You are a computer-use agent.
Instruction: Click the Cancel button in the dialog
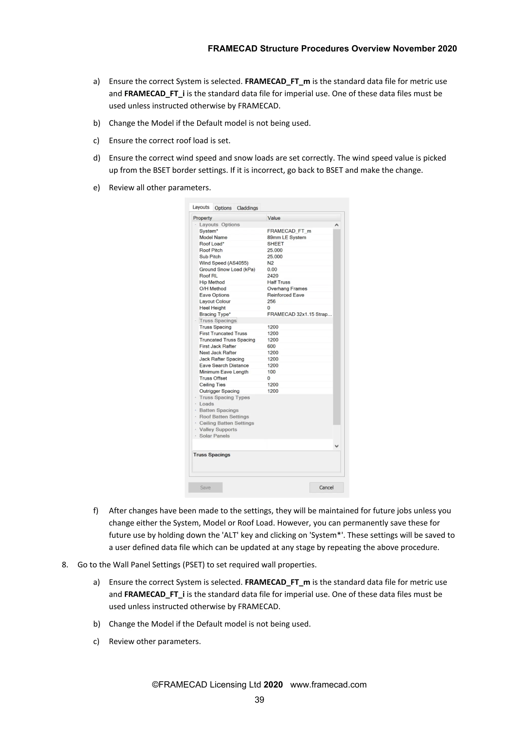[x=326, y=487]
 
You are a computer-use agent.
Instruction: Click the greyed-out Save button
[x=205, y=487]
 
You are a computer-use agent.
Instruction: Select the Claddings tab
[x=247, y=208]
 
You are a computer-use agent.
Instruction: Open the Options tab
[x=223, y=208]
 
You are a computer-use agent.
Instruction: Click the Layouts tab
[x=201, y=207]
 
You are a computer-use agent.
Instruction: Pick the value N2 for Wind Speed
[x=270, y=263]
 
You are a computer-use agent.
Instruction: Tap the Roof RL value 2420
[x=273, y=276]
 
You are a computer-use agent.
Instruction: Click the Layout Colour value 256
[x=271, y=301]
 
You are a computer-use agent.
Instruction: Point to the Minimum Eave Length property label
[x=224, y=372]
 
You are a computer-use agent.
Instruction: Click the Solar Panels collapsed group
[x=214, y=436]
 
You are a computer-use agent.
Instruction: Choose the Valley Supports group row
[x=218, y=429]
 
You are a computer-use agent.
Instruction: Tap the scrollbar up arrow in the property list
[x=337, y=225]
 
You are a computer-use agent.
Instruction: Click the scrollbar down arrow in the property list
[x=337, y=446]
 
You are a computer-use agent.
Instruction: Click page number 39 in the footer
[x=259, y=700]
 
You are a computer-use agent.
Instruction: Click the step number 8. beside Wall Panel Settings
[x=65, y=565]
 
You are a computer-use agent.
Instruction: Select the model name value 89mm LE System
[x=286, y=237]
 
